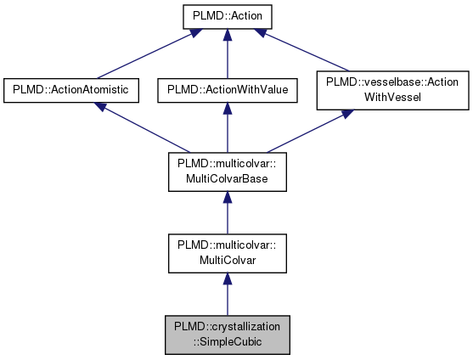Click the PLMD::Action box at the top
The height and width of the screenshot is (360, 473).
tap(226, 15)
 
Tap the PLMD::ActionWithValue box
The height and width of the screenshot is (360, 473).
tap(226, 90)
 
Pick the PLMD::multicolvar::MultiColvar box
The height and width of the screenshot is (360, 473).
tap(226, 252)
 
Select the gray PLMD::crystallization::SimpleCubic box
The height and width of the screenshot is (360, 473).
tap(226, 333)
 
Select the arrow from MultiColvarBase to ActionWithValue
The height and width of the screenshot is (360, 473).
tap(226, 127)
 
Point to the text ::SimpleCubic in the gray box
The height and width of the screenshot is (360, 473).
tap(226, 340)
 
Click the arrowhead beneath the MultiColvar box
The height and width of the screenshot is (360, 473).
tap(226, 278)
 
